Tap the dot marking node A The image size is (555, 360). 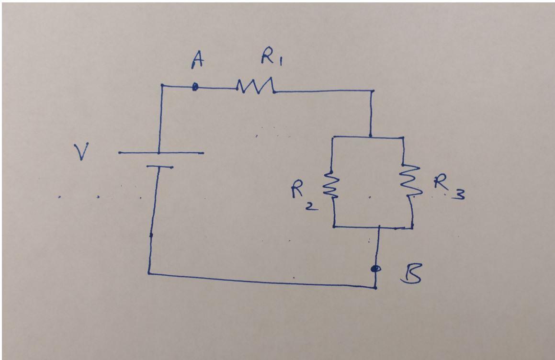point(195,87)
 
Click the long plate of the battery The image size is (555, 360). point(161,153)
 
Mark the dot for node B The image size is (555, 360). point(375,269)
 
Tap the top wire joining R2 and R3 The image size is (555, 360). point(369,137)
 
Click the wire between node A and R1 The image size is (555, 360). point(215,88)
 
